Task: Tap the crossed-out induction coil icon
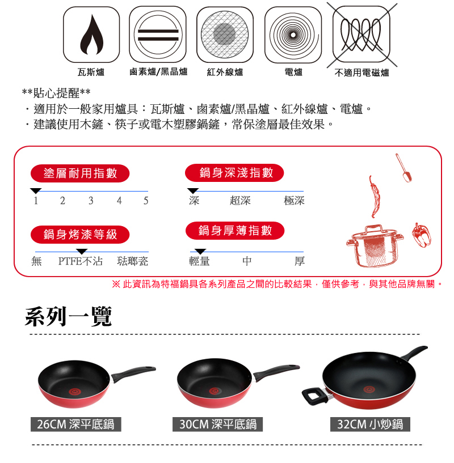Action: [x=361, y=35]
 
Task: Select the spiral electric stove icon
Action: [x=293, y=35]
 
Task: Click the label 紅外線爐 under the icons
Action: [x=225, y=72]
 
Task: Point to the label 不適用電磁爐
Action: [x=361, y=73]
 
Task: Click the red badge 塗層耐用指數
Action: [x=80, y=173]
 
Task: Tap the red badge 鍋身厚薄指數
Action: [x=235, y=231]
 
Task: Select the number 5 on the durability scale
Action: [x=146, y=201]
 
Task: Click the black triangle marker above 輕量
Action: [x=200, y=251]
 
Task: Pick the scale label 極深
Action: [x=294, y=201]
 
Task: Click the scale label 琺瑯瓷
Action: [x=132, y=261]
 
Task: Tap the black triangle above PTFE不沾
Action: [x=82, y=251]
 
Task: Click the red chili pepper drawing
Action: [x=374, y=197]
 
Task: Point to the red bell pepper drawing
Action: [x=422, y=235]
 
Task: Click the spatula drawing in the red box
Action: [x=404, y=167]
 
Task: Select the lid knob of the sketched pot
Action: [x=374, y=228]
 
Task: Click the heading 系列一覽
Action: [x=68, y=317]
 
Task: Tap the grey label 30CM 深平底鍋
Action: [x=218, y=424]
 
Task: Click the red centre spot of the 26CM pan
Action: [x=75, y=392]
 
